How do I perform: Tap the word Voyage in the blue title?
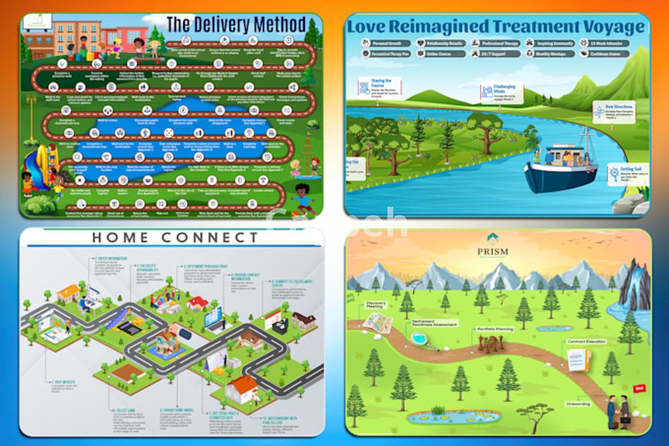point(614,27)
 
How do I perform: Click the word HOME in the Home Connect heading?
point(120,238)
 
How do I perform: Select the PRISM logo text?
point(493,251)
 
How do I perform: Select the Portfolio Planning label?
point(495,329)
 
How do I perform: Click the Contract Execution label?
point(586,341)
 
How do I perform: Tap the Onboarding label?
point(578,404)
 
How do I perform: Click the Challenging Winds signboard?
point(502,92)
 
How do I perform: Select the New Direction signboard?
point(614,112)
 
